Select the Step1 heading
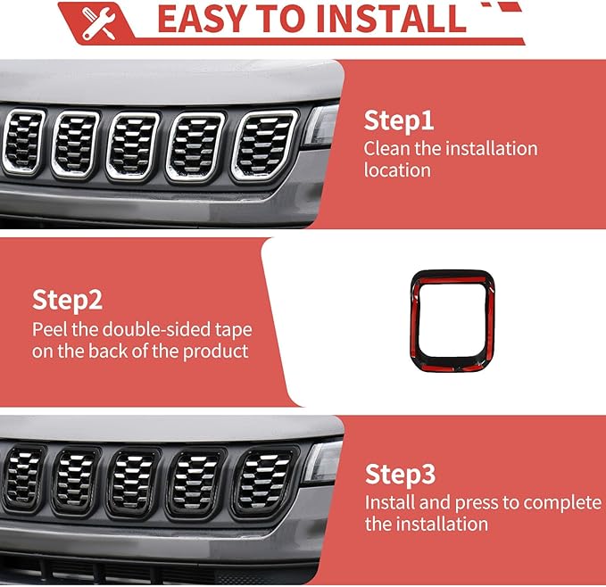pos(398,120)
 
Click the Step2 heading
pos(69,299)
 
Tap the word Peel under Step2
pos(50,328)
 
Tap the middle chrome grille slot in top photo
pos(133,143)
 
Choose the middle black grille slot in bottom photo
pos(134,482)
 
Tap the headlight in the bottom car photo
pos(322,462)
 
